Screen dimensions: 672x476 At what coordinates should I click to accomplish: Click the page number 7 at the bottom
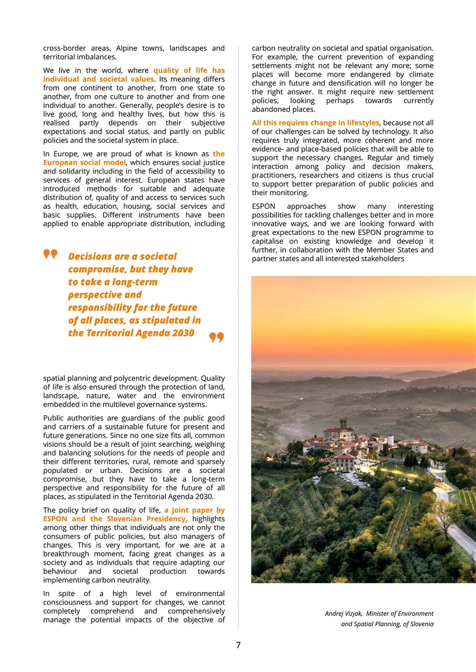click(x=238, y=645)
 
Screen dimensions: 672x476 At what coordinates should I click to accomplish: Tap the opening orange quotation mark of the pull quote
click(x=50, y=255)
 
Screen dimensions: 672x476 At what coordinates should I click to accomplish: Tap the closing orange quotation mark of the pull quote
click(x=216, y=337)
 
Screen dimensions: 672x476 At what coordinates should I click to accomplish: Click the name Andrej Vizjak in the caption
click(x=343, y=614)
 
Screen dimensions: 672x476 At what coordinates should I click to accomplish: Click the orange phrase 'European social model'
click(x=85, y=163)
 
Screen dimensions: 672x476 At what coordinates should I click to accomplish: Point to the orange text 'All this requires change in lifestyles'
click(x=315, y=123)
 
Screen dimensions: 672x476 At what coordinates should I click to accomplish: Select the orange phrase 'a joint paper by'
click(x=194, y=510)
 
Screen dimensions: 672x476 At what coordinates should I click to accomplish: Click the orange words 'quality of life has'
click(x=189, y=70)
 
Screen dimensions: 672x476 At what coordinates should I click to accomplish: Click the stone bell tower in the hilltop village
click(x=343, y=424)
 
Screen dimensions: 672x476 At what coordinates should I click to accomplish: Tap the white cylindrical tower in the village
click(x=390, y=440)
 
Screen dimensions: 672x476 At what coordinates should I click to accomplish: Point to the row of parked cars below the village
click(x=353, y=479)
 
